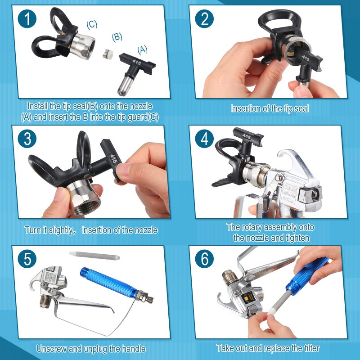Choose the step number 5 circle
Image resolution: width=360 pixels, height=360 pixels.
[27, 260]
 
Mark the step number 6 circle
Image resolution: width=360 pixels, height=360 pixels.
[205, 260]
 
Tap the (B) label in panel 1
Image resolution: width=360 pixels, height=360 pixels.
[117, 37]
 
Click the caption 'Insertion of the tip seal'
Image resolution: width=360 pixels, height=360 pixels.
[270, 108]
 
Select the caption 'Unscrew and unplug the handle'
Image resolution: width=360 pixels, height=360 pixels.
[91, 348]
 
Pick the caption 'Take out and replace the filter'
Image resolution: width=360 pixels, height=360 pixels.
[268, 348]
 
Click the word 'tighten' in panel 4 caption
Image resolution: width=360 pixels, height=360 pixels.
[293, 238]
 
